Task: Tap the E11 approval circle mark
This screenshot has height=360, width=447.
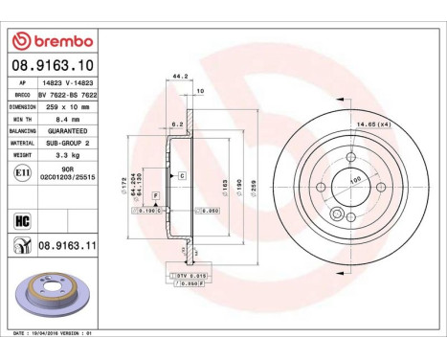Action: [22, 174]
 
